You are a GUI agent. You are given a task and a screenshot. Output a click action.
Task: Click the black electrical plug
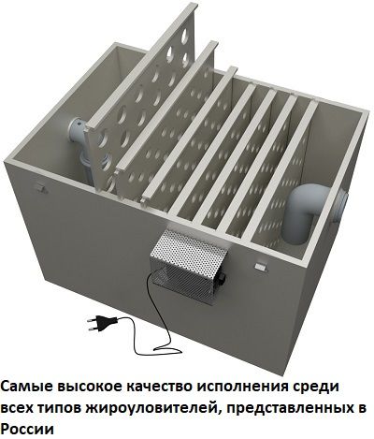pos(101,322)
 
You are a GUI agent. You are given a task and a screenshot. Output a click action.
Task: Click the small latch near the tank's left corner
pos(40,187)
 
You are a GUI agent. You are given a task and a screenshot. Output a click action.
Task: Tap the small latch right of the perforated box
pos(261,266)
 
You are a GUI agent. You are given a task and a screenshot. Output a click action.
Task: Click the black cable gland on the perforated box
pos(222,277)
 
